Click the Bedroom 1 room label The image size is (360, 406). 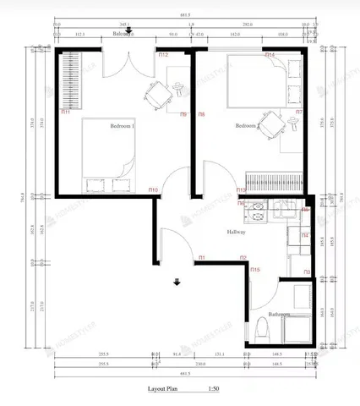(123, 126)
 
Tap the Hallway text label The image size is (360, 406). (236, 231)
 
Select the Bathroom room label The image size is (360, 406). (279, 314)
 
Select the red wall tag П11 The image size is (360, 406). (65, 110)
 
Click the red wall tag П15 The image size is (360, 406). (256, 270)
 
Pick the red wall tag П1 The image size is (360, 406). (202, 257)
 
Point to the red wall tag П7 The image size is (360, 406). (299, 111)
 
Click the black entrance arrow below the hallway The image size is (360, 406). (177, 283)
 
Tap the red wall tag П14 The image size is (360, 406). (270, 55)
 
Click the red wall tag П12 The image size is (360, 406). (163, 55)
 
